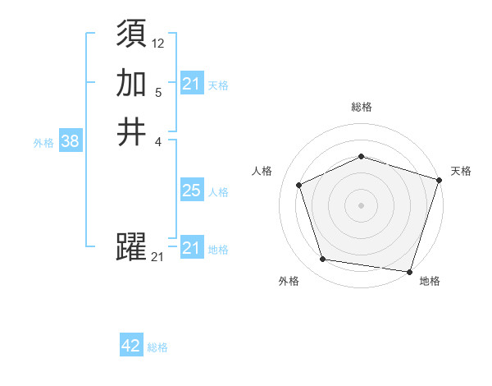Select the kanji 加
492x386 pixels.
(x=131, y=83)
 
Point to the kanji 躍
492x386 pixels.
(x=131, y=247)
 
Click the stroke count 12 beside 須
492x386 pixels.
(x=158, y=44)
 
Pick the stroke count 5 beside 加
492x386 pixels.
(x=158, y=92)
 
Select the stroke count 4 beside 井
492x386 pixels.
(x=158, y=140)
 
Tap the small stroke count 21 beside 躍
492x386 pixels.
(x=158, y=257)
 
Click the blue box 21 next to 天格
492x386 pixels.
(x=191, y=84)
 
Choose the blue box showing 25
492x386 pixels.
(x=191, y=191)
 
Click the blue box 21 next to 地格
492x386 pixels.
(x=191, y=248)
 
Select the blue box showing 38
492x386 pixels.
(x=70, y=141)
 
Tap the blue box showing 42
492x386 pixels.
(x=131, y=346)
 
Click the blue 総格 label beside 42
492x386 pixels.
(x=157, y=347)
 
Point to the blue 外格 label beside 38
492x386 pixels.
(x=43, y=143)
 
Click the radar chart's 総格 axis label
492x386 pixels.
(x=362, y=107)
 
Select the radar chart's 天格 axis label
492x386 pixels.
(x=461, y=171)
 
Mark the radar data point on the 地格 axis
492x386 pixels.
(x=409, y=271)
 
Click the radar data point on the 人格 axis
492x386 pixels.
(x=300, y=185)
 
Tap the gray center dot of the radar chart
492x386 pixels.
(x=361, y=204)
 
